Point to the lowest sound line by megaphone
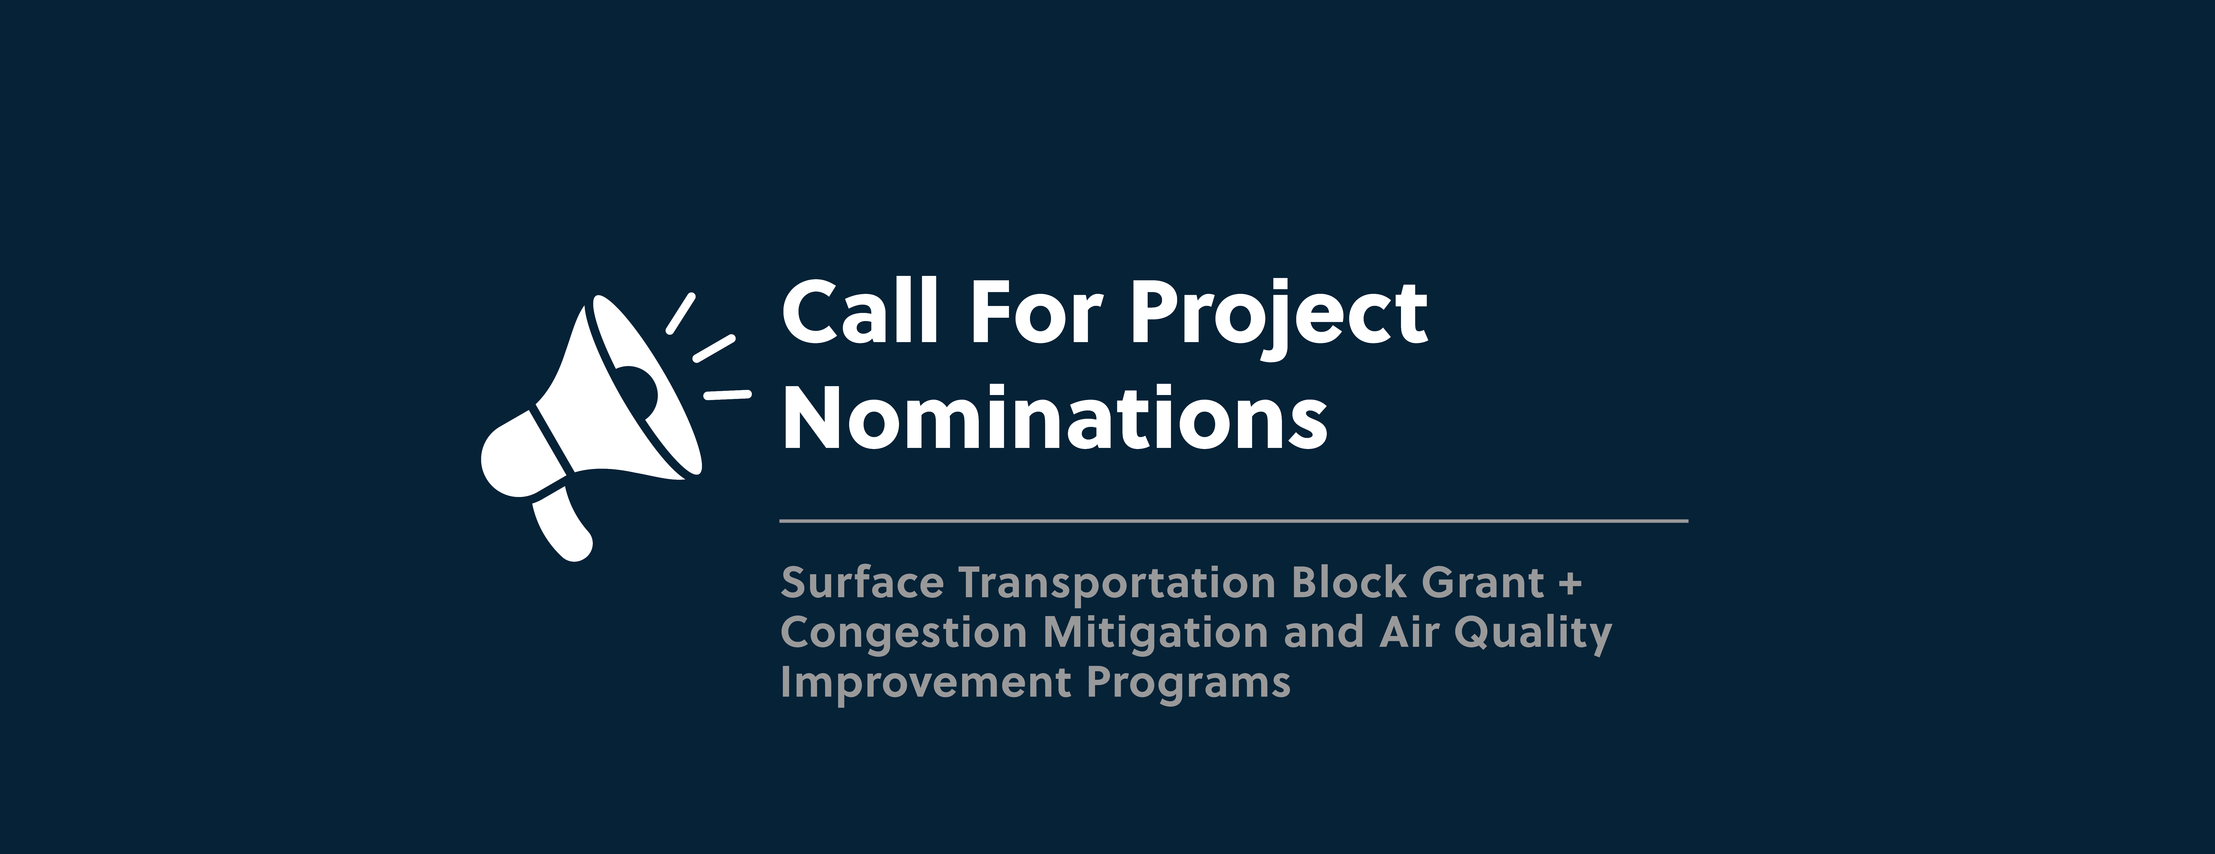[727, 395]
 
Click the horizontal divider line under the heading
[1234, 520]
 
